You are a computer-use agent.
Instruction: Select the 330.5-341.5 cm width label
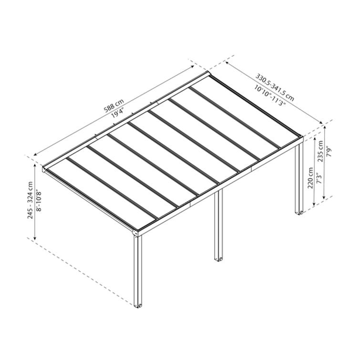pos(275,85)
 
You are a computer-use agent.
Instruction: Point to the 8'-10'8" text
pos(39,200)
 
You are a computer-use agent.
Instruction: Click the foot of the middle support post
pos(219,258)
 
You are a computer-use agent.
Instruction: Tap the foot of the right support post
pos(299,212)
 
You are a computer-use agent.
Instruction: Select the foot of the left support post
pos(138,304)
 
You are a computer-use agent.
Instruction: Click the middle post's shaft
pos(219,224)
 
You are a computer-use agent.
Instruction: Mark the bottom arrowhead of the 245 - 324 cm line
pos(35,239)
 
